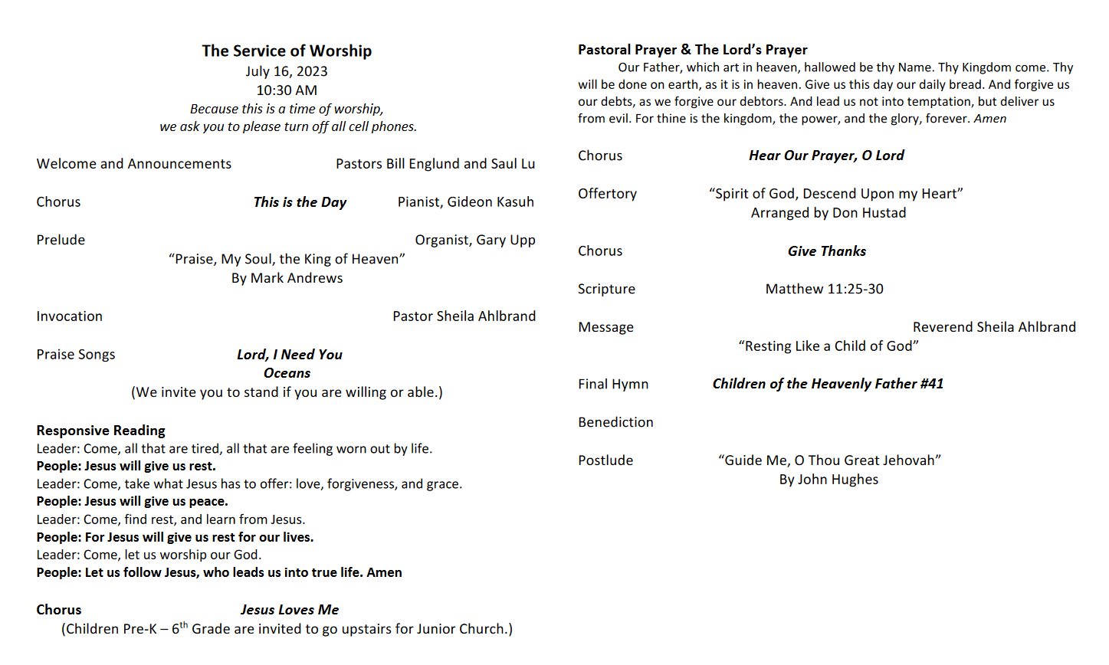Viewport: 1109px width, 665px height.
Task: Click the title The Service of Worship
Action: point(287,51)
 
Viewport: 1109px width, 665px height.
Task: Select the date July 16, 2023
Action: point(287,71)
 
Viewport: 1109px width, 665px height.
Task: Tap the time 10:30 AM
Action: point(287,90)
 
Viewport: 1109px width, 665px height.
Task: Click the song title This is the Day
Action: point(300,202)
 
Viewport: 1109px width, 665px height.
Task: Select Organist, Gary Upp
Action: point(475,241)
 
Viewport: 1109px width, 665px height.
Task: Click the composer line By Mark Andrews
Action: point(287,278)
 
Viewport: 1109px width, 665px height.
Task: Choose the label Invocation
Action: point(69,316)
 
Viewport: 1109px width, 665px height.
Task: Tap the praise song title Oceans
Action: point(287,373)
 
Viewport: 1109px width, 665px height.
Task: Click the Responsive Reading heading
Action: point(100,431)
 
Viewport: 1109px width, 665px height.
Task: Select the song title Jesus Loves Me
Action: point(290,610)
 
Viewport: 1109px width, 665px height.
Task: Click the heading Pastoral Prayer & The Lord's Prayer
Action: point(692,50)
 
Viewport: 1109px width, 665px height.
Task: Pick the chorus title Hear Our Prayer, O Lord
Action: point(826,156)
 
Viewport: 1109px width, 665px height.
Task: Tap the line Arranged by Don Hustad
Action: point(828,213)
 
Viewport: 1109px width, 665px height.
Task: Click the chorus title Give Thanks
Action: point(826,251)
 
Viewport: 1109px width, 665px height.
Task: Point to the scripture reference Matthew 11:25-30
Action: point(824,290)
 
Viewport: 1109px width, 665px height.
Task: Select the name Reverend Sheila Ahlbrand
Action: point(994,327)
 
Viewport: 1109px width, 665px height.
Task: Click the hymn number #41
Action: point(932,384)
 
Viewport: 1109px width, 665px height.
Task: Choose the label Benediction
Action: point(615,423)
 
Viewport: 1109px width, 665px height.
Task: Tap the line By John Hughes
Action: point(828,480)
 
